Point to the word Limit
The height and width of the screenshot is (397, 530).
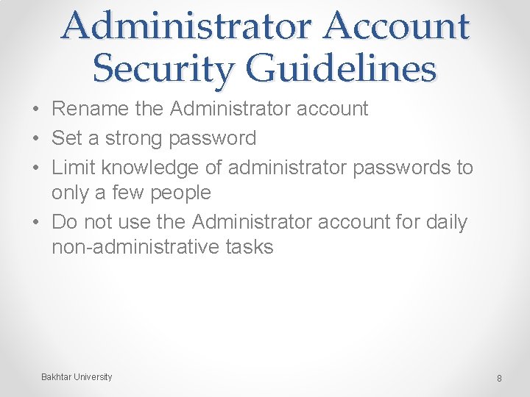coord(74,168)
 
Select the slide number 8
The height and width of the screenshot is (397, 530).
coord(499,379)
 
